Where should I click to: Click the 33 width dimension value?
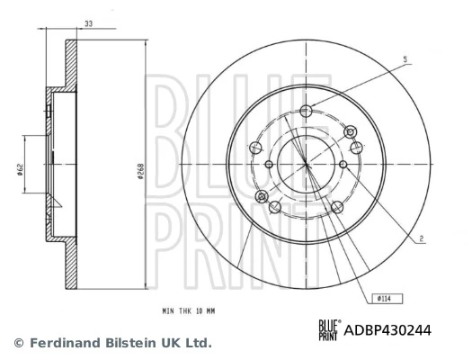(88, 23)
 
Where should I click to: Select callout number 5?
(405, 59)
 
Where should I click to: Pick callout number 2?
(421, 238)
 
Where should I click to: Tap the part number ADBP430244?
(387, 330)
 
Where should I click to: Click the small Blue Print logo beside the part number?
(327, 330)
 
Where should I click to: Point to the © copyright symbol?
(18, 343)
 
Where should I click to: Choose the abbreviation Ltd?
(199, 343)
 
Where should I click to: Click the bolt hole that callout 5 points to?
(307, 111)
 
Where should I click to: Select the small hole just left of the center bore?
(270, 164)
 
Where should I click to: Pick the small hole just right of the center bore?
(343, 164)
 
